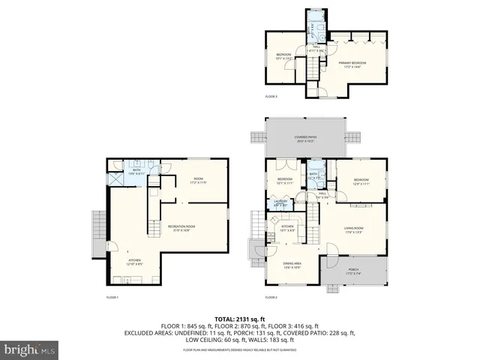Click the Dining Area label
[292, 266]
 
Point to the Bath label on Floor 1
[136, 172]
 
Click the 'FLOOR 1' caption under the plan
[112, 298]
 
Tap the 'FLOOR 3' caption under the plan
[271, 97]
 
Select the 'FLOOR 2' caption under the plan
[271, 298]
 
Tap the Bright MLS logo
[30, 349]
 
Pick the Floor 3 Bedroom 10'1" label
[283, 55]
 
